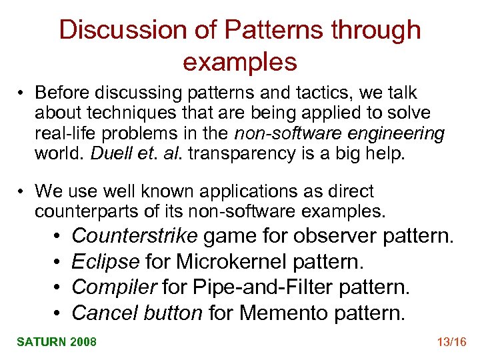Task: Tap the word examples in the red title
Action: [239, 61]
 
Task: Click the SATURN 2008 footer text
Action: [57, 342]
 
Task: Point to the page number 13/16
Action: [451, 342]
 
